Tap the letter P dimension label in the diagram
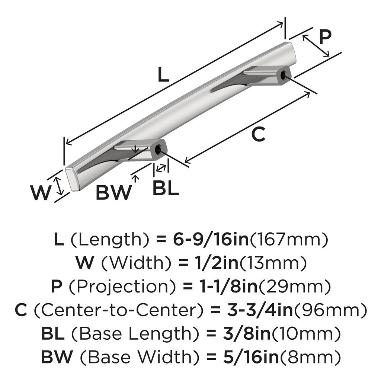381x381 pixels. pyautogui.click(x=325, y=37)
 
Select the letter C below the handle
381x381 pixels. pyautogui.click(x=258, y=134)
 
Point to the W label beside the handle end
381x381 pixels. pyautogui.click(x=40, y=193)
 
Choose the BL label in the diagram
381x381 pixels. pyautogui.click(x=166, y=189)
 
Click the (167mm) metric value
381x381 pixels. pyautogui.click(x=289, y=240)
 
